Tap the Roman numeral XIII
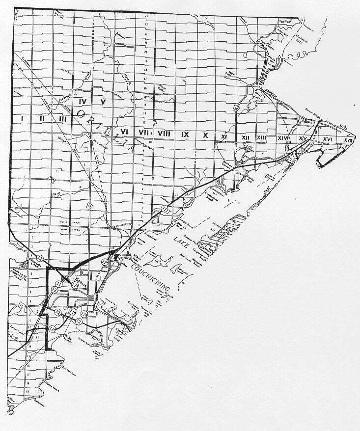pos(261,138)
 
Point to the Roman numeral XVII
pos(348,140)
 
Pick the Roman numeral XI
pos(223,136)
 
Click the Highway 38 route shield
pos(237,106)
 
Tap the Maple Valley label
pos(163,88)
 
